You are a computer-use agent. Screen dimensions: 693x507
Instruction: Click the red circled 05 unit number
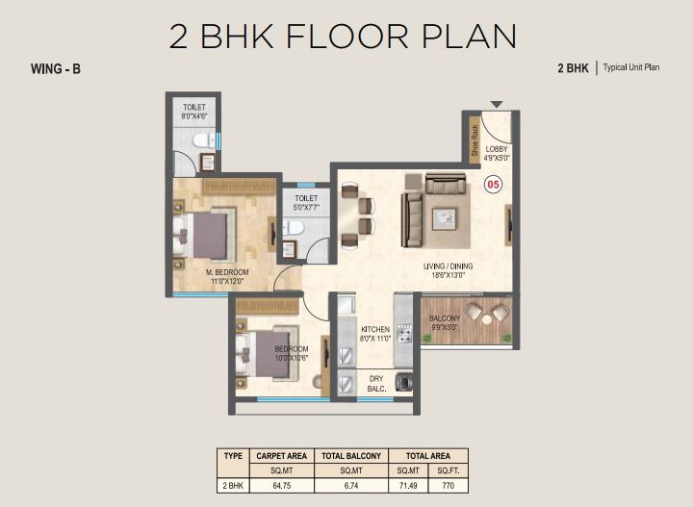(493, 184)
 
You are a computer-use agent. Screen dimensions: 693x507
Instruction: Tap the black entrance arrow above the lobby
(497, 104)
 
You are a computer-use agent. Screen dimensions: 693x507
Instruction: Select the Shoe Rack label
(475, 140)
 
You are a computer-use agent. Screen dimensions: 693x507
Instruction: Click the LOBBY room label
(497, 149)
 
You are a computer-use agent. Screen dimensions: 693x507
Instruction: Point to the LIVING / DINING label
(448, 266)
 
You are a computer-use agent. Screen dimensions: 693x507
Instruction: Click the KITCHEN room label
(375, 329)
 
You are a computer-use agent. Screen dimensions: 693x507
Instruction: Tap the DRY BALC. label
(376, 384)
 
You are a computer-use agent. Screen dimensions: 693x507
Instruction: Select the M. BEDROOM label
(227, 272)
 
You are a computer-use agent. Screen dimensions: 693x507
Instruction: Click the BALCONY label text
(444, 318)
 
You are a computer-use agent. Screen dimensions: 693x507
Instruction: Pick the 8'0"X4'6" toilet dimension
(194, 116)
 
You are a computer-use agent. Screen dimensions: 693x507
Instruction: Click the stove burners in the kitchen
(404, 334)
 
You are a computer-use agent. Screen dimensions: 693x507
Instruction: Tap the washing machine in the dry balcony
(404, 381)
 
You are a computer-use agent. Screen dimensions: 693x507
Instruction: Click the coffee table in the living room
(444, 219)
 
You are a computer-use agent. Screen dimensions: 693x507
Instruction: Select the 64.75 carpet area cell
(281, 486)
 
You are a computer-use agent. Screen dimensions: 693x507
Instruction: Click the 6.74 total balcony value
(351, 486)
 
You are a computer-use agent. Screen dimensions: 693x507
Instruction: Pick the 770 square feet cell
(449, 486)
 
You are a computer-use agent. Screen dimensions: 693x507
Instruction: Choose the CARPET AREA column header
(281, 456)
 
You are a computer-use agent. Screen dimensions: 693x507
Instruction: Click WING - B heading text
(56, 69)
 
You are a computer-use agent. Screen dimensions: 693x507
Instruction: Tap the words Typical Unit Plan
(631, 67)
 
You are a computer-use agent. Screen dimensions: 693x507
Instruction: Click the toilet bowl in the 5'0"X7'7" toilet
(293, 227)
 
